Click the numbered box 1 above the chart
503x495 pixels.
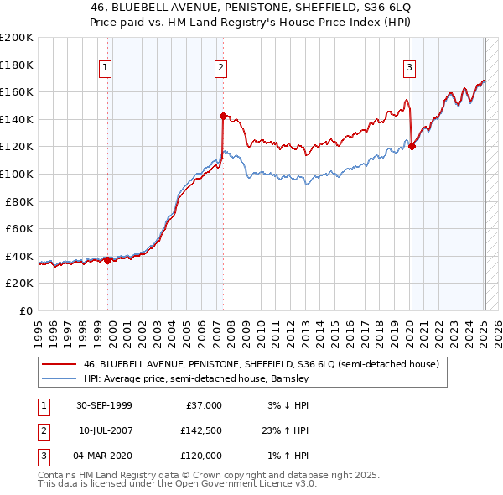pos(106,69)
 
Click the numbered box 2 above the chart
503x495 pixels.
pos(220,69)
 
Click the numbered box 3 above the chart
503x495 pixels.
pos(409,69)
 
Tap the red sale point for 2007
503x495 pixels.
pos(223,116)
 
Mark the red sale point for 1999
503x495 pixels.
pos(108,260)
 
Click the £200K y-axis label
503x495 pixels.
pos(17,38)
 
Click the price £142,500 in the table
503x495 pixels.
pos(202,430)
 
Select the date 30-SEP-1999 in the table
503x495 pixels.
pos(104,405)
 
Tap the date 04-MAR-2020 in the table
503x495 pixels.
pos(104,456)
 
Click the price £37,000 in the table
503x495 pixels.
pos(205,405)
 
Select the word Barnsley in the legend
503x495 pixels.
pos(290,379)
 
